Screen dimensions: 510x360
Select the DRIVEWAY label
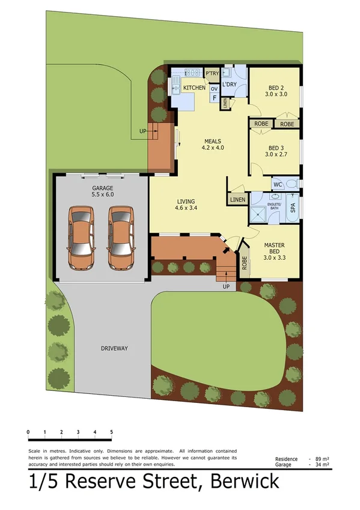(114, 348)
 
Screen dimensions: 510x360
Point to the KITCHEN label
(194, 88)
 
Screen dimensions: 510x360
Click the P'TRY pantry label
(212, 73)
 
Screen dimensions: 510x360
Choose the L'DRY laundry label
(229, 85)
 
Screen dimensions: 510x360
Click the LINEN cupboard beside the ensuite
(237, 199)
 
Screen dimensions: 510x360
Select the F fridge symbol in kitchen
(214, 98)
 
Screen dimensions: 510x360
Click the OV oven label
(213, 88)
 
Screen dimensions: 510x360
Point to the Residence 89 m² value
(322, 459)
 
